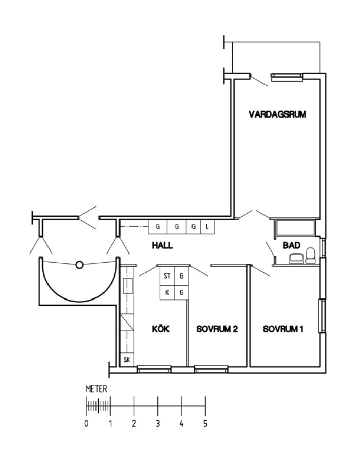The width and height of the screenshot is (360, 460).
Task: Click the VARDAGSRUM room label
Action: coord(277,114)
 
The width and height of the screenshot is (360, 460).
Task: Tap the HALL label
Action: coord(162,245)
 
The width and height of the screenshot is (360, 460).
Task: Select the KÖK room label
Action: coord(161,329)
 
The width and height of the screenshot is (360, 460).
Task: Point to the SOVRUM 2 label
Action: coord(217,329)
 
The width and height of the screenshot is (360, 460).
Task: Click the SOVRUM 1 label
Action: coord(283,329)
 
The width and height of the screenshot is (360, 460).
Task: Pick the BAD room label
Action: coord(292,245)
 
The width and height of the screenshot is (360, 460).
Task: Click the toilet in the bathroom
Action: coord(310,256)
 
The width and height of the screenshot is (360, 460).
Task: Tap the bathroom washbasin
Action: coord(296,259)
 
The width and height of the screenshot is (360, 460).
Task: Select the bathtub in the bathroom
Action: coord(295,227)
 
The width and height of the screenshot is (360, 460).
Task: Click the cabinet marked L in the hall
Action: coord(207,227)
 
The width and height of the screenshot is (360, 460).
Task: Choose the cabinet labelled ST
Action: coord(167,276)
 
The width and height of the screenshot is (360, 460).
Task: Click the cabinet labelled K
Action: coord(167,292)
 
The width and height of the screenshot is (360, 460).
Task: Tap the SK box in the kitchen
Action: coord(127,360)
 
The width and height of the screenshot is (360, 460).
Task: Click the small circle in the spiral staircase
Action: coord(79,265)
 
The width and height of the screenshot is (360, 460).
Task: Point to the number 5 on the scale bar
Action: coord(205,424)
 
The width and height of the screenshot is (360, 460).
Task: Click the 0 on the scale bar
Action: coord(86,424)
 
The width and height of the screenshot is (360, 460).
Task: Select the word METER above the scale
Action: coord(97,389)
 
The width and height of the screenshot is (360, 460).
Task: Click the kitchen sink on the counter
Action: coord(128,286)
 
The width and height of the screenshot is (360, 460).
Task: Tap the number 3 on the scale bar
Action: coord(158,424)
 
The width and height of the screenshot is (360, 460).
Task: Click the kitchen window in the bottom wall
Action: coord(154,369)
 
